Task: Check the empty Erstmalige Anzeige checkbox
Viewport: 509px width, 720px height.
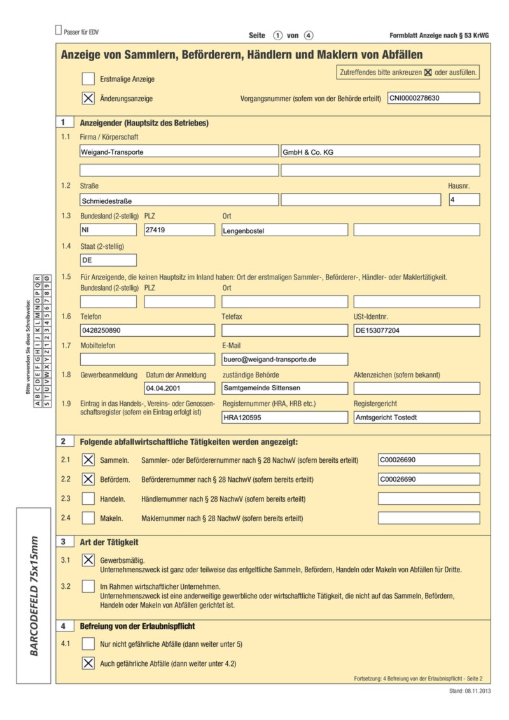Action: [x=88, y=79]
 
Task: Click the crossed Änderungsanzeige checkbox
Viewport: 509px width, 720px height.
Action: [x=88, y=99]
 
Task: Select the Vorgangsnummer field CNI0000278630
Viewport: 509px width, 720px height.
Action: [x=433, y=99]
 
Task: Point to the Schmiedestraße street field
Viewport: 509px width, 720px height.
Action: [x=179, y=200]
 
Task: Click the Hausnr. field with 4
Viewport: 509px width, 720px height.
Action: [x=464, y=200]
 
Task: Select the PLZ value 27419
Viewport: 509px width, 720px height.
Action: [x=179, y=230]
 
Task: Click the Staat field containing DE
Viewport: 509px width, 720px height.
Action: [x=108, y=260]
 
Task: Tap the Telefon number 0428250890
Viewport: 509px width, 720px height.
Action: [x=148, y=330]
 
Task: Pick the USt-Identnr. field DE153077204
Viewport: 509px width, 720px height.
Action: [x=416, y=330]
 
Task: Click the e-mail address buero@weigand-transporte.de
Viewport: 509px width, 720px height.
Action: [x=284, y=359]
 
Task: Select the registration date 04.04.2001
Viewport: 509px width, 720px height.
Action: [x=179, y=388]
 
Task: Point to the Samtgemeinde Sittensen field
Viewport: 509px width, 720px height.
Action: [x=284, y=388]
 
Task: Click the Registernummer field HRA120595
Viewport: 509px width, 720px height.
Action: [x=284, y=418]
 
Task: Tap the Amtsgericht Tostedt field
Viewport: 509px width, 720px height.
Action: [x=416, y=418]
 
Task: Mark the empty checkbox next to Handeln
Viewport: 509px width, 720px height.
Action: [x=88, y=499]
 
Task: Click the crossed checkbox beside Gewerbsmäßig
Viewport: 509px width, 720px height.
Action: [x=88, y=560]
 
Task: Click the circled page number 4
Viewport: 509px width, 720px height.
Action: [x=309, y=36]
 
